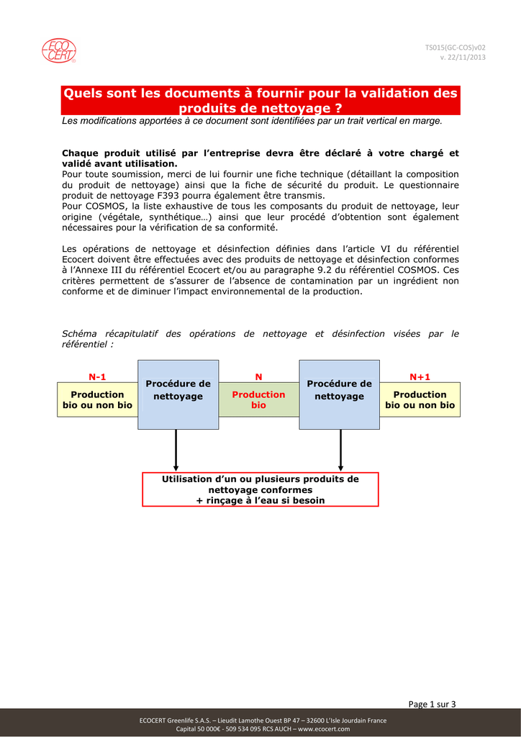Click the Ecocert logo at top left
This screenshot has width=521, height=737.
click(59, 50)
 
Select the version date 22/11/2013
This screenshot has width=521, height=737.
click(467, 58)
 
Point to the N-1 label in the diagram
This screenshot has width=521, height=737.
click(97, 376)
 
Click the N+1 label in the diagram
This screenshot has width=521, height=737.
click(420, 376)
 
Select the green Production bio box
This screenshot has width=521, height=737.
click(258, 400)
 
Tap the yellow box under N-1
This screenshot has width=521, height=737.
click(97, 400)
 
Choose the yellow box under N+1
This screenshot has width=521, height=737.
click(420, 400)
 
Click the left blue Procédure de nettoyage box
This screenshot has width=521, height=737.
click(178, 394)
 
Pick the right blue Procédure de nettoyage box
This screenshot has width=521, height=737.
click(339, 394)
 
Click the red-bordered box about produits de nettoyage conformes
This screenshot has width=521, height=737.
click(260, 489)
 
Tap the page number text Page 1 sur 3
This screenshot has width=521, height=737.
click(432, 704)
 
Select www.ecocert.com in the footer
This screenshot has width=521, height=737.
click(326, 728)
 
